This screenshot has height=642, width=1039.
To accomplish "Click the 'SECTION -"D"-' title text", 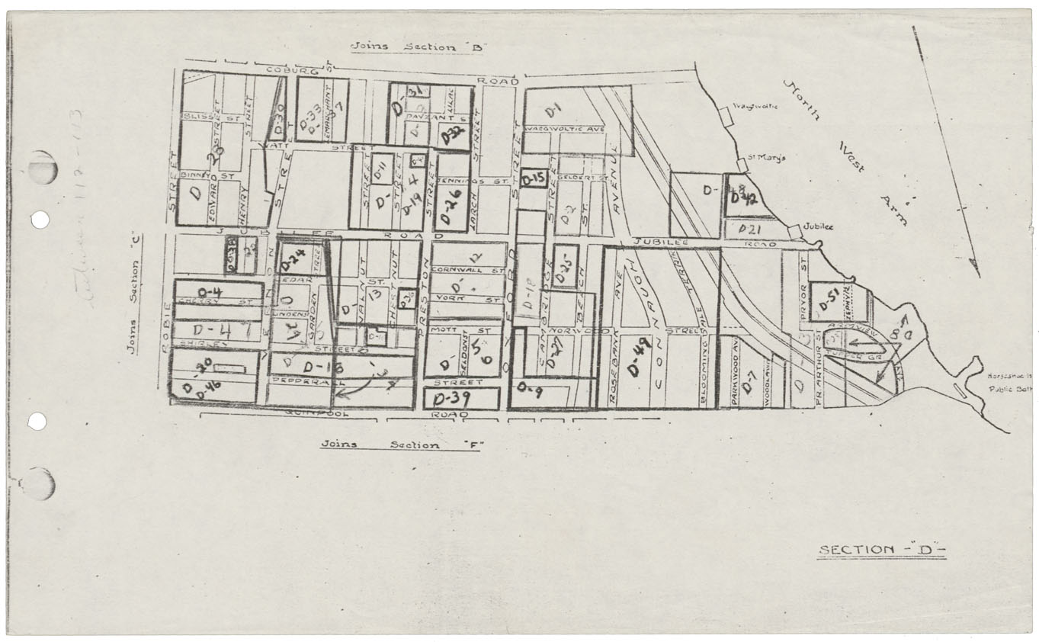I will (880, 550).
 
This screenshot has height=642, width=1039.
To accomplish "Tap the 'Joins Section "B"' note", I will (418, 47).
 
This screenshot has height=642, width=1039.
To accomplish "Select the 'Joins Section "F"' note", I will (400, 445).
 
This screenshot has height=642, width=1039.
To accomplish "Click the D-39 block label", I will (450, 399).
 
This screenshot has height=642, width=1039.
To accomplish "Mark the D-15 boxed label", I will (534, 178).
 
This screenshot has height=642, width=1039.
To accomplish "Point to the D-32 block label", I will (453, 136).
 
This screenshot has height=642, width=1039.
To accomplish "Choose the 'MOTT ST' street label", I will (450, 331).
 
